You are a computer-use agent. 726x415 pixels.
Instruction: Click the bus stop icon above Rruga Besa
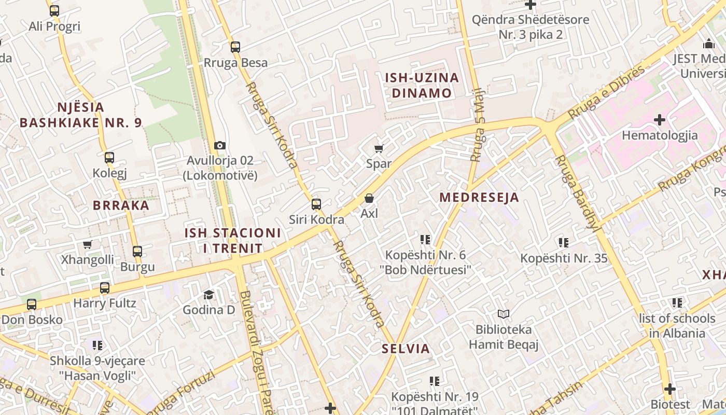click(235, 47)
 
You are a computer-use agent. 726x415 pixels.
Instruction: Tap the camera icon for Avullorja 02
click(220, 146)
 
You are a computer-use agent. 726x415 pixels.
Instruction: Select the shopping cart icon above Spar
click(379, 149)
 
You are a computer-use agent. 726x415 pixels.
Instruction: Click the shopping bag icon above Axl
click(369, 198)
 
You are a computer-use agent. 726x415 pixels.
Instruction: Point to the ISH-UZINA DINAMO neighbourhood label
click(422, 86)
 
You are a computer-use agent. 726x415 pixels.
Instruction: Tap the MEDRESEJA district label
click(479, 198)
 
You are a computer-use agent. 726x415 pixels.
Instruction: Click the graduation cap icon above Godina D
click(208, 295)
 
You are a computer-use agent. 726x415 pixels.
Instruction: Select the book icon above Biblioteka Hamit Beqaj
click(504, 314)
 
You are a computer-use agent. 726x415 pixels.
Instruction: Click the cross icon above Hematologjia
click(660, 120)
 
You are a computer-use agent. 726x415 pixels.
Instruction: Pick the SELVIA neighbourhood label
click(406, 349)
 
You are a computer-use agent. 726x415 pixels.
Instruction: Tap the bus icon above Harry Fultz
click(105, 288)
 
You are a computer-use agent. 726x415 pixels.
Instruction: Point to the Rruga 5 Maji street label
click(477, 125)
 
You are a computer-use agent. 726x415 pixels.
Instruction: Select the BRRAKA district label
click(121, 205)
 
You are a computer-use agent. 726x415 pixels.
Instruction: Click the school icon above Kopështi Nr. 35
click(564, 242)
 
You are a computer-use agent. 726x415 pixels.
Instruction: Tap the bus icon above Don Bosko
click(32, 305)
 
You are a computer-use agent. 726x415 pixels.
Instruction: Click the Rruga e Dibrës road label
click(606, 92)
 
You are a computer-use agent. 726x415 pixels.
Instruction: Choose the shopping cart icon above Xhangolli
click(88, 244)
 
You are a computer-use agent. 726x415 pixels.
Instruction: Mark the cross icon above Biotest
click(670, 389)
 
